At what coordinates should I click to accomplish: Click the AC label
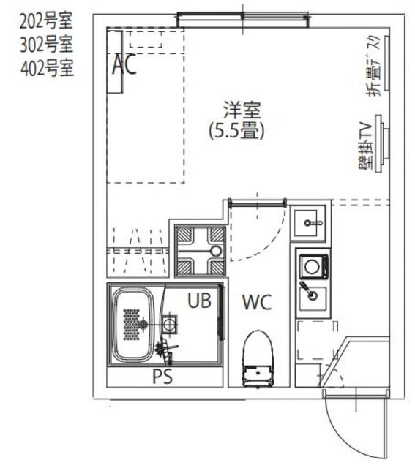124,66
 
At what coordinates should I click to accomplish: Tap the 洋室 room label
242,113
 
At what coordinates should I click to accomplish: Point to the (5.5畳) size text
236,131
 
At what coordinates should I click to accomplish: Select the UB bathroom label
200,301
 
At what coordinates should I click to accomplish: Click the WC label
257,302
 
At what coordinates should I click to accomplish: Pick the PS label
162,377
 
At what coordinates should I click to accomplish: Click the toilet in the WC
257,358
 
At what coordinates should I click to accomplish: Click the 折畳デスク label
372,67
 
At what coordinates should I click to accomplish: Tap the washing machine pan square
199,249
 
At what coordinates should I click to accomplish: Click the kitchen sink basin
313,295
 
